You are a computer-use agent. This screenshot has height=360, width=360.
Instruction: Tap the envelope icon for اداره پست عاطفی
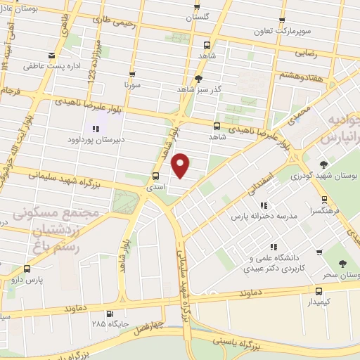coord(51,56)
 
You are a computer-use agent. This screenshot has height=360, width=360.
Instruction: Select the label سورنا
coord(132,85)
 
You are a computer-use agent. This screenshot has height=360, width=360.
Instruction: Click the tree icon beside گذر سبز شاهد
coord(199,79)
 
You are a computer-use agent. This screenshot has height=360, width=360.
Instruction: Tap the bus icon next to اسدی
coord(155,176)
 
